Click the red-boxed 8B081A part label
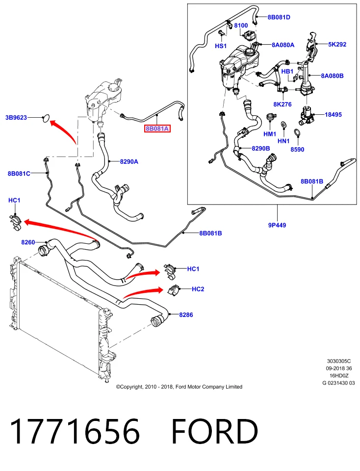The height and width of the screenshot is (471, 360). (157, 129)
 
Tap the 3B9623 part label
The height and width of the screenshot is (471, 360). (16, 117)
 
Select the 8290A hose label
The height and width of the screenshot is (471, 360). (129, 161)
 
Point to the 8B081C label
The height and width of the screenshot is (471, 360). (19, 173)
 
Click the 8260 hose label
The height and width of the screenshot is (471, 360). (28, 242)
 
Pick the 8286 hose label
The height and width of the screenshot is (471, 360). (186, 315)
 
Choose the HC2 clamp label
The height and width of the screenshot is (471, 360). (198, 289)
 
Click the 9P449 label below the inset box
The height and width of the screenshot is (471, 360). (277, 225)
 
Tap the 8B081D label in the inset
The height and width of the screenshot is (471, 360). (279, 17)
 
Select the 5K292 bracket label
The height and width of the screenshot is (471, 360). (337, 44)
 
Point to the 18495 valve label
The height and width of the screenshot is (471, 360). (334, 114)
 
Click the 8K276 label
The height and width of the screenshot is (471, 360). (283, 104)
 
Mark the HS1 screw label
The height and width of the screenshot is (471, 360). (221, 46)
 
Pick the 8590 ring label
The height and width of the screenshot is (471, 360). (297, 149)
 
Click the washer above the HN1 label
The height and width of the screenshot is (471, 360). (283, 124)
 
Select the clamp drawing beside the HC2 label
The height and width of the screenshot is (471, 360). (173, 290)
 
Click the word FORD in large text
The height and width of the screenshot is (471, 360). (215, 432)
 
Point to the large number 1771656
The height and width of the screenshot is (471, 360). (76, 432)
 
